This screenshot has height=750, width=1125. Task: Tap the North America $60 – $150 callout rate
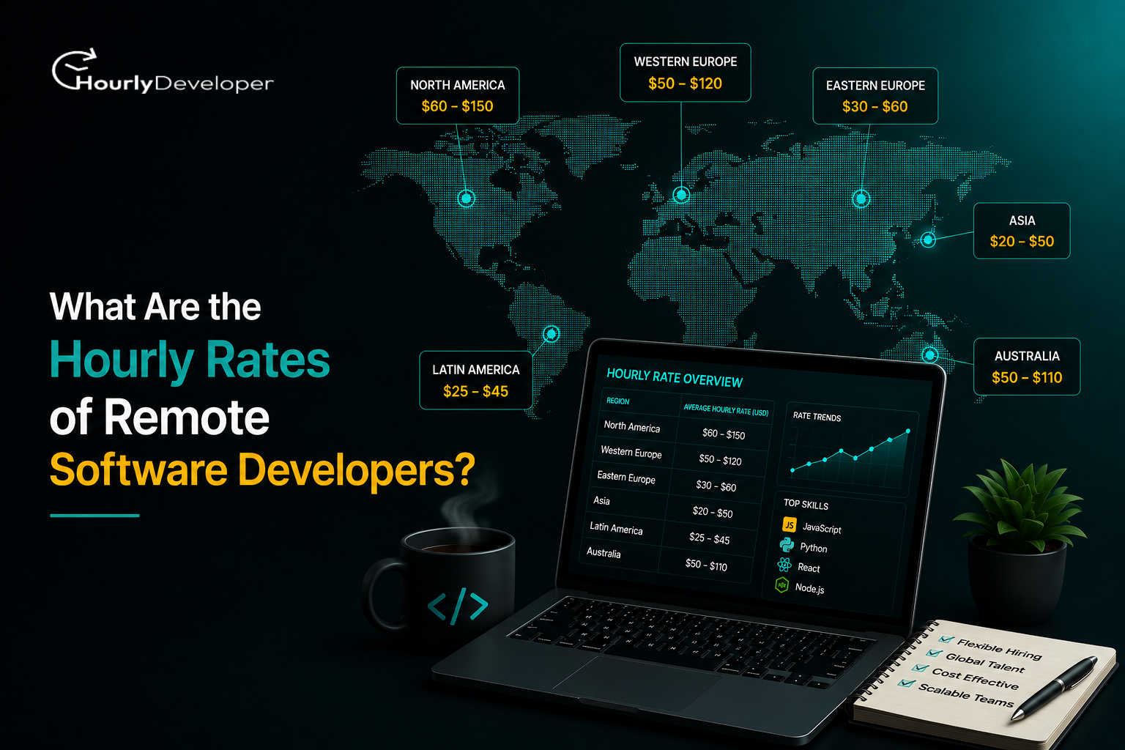pyautogui.click(x=458, y=106)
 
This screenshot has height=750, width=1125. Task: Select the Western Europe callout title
pyautogui.click(x=686, y=62)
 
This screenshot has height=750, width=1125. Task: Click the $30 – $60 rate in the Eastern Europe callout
pyautogui.click(x=875, y=106)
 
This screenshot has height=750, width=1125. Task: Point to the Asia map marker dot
pyautogui.click(x=928, y=240)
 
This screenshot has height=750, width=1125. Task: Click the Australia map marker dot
pyautogui.click(x=930, y=355)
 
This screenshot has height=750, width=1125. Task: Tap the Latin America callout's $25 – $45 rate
pyautogui.click(x=475, y=391)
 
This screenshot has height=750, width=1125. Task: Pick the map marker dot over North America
pyautogui.click(x=466, y=199)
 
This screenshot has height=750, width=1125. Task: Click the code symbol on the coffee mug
pyautogui.click(x=458, y=606)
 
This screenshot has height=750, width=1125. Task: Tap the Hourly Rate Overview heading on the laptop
pyautogui.click(x=675, y=378)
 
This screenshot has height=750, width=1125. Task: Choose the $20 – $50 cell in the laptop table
pyautogui.click(x=713, y=512)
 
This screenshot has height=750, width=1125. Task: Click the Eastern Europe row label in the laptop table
pyautogui.click(x=626, y=478)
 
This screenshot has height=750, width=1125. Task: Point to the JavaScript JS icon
pyautogui.click(x=789, y=525)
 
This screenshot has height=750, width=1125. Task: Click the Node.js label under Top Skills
pyautogui.click(x=809, y=587)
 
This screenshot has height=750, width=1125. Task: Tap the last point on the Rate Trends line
pyautogui.click(x=908, y=431)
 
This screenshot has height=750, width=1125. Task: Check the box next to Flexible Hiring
pyautogui.click(x=946, y=639)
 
